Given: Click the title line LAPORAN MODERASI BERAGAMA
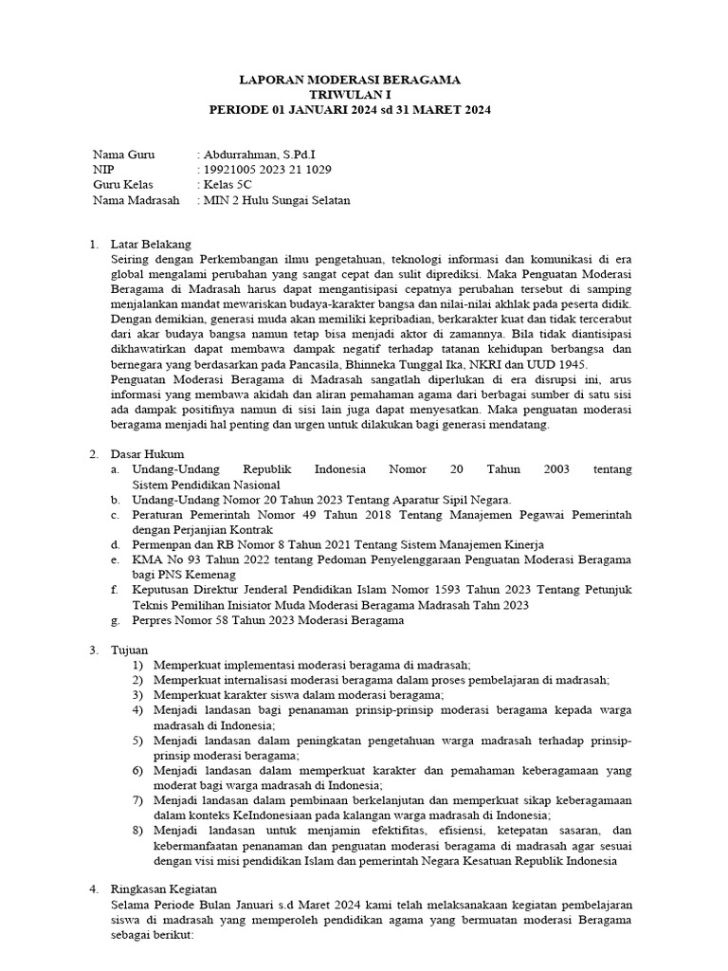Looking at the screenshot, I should [351, 81].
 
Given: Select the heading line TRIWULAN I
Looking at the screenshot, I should [350, 96].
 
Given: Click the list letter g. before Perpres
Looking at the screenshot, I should [114, 620].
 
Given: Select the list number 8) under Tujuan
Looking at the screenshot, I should [138, 830].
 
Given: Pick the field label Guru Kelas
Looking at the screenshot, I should [122, 184].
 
